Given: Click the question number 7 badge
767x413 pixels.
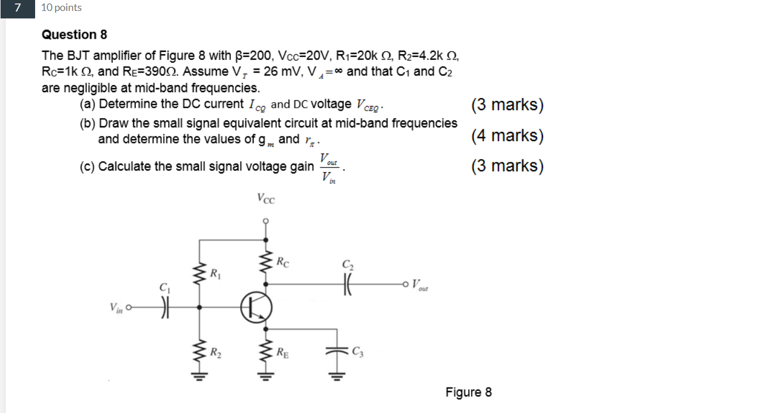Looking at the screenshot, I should pyautogui.click(x=18, y=8).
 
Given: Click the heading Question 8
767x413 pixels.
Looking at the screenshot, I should pyautogui.click(x=74, y=35).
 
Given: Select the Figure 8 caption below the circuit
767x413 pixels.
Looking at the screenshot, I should pyautogui.click(x=468, y=392).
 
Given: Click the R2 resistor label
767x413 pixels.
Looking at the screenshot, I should pyautogui.click(x=215, y=350).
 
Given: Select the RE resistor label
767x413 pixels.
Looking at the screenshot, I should pyautogui.click(x=282, y=351).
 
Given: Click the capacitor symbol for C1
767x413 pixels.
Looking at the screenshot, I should pyautogui.click(x=165, y=307).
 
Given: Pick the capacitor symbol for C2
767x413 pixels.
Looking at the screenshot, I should pyautogui.click(x=348, y=283).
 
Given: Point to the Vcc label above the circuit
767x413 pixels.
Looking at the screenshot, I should pyautogui.click(x=265, y=199).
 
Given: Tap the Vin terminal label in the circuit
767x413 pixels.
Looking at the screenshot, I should pyautogui.click(x=116, y=308).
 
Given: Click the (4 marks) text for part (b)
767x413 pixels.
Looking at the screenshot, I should pyautogui.click(x=507, y=136).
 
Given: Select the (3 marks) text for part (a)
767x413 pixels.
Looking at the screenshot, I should pyautogui.click(x=507, y=105).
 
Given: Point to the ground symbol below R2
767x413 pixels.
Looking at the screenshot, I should pyautogui.click(x=199, y=378).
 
